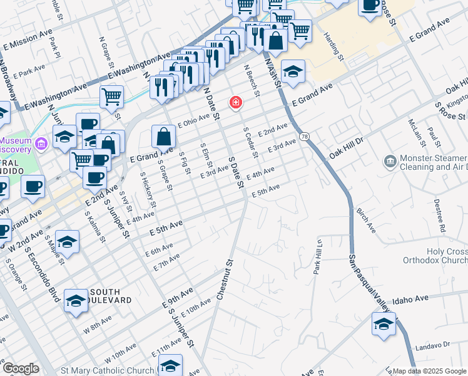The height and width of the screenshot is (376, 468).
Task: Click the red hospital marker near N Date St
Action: [236, 102]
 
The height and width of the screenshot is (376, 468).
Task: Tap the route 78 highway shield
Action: [304, 136]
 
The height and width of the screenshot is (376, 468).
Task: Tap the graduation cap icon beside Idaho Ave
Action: [384, 325]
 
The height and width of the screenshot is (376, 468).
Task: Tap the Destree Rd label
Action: [438, 215]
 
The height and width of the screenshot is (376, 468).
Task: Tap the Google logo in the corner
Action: [20, 368]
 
